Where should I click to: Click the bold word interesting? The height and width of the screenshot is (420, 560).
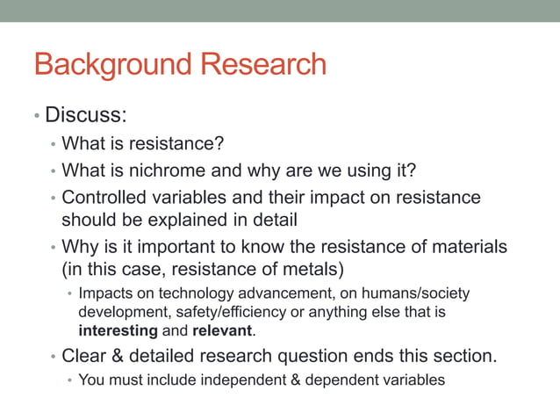118,331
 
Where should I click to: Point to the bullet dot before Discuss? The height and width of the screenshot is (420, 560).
37,116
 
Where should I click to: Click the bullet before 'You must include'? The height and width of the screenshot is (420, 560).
71,380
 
